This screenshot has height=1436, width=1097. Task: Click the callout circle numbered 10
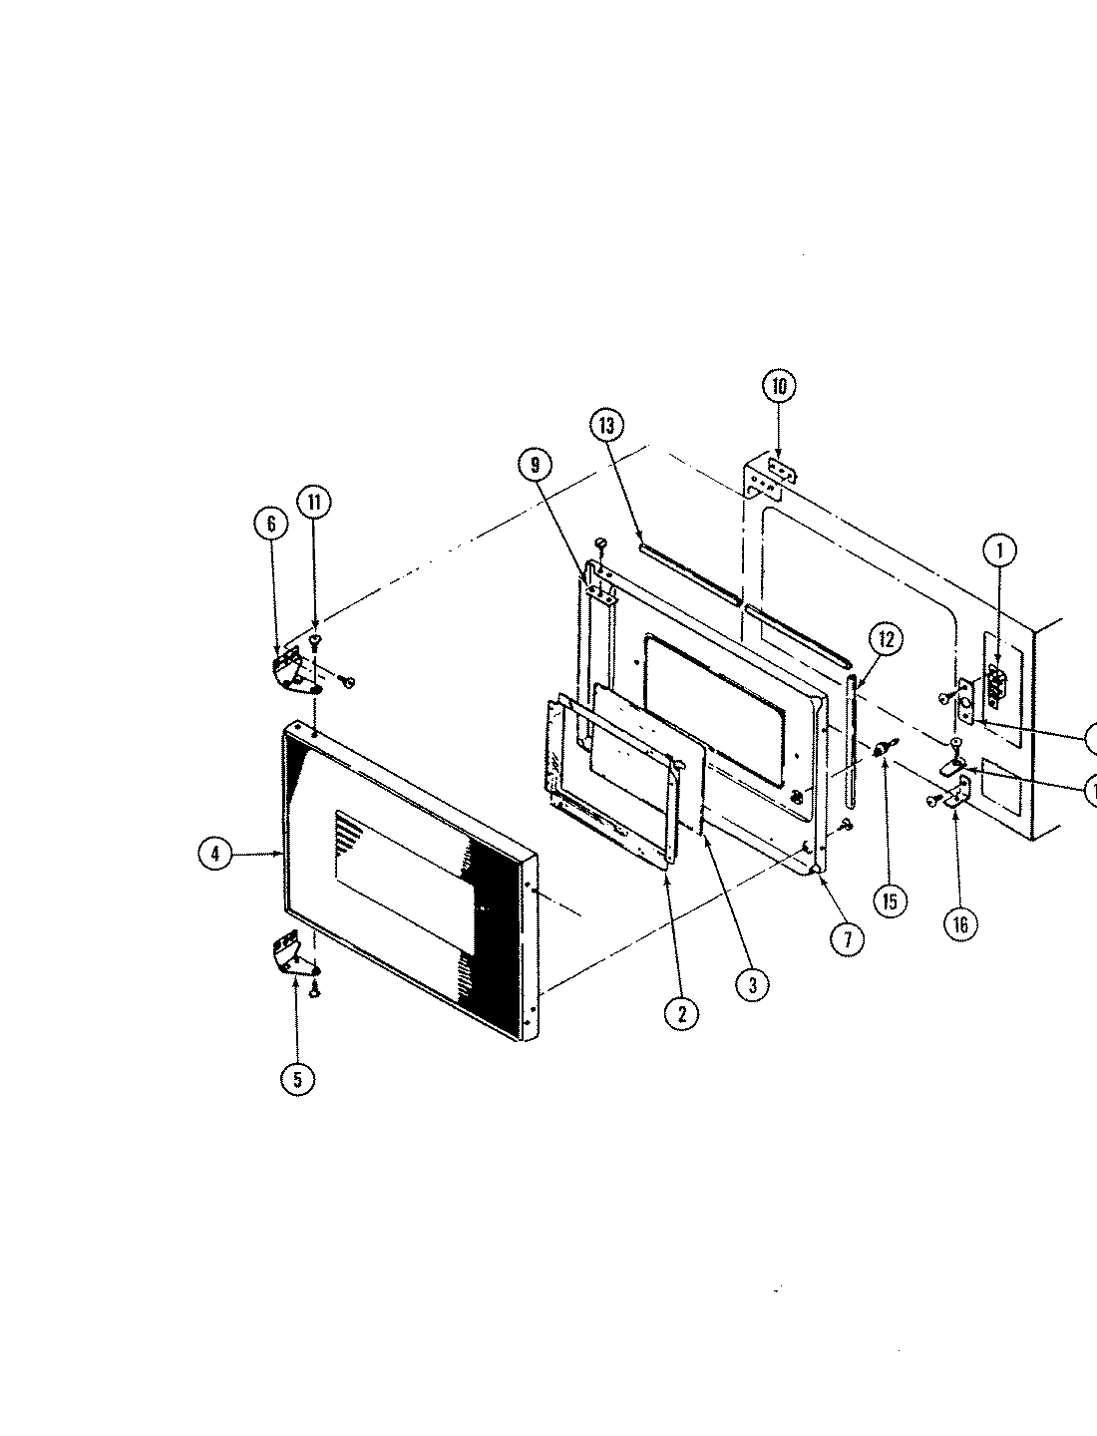[x=779, y=386]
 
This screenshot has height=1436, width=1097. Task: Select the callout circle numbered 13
[x=605, y=425]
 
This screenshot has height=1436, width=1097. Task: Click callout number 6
[x=270, y=525]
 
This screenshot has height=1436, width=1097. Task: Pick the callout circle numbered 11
[x=313, y=502]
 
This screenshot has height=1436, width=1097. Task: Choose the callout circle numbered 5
[x=296, y=1078]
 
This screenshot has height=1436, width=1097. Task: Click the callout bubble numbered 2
[x=681, y=1012]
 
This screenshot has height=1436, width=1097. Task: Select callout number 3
[x=752, y=985]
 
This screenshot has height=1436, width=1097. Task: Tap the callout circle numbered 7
[x=847, y=938]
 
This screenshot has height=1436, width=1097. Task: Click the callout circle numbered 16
[x=959, y=924]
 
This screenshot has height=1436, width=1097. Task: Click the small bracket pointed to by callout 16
[x=958, y=794]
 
